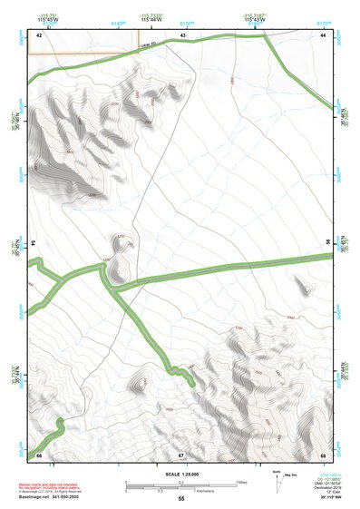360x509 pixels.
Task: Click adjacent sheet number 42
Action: (39, 34)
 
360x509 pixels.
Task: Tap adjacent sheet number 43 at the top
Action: (182, 34)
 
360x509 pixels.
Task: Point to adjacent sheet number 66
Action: (39, 454)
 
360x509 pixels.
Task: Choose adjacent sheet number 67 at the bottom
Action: (181, 454)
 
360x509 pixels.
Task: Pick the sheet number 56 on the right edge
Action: (328, 243)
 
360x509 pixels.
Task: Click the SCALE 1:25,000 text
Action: (180, 474)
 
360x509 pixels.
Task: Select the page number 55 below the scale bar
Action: (180, 499)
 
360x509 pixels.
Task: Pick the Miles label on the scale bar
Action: (241, 481)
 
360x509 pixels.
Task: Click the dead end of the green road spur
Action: (195, 385)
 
